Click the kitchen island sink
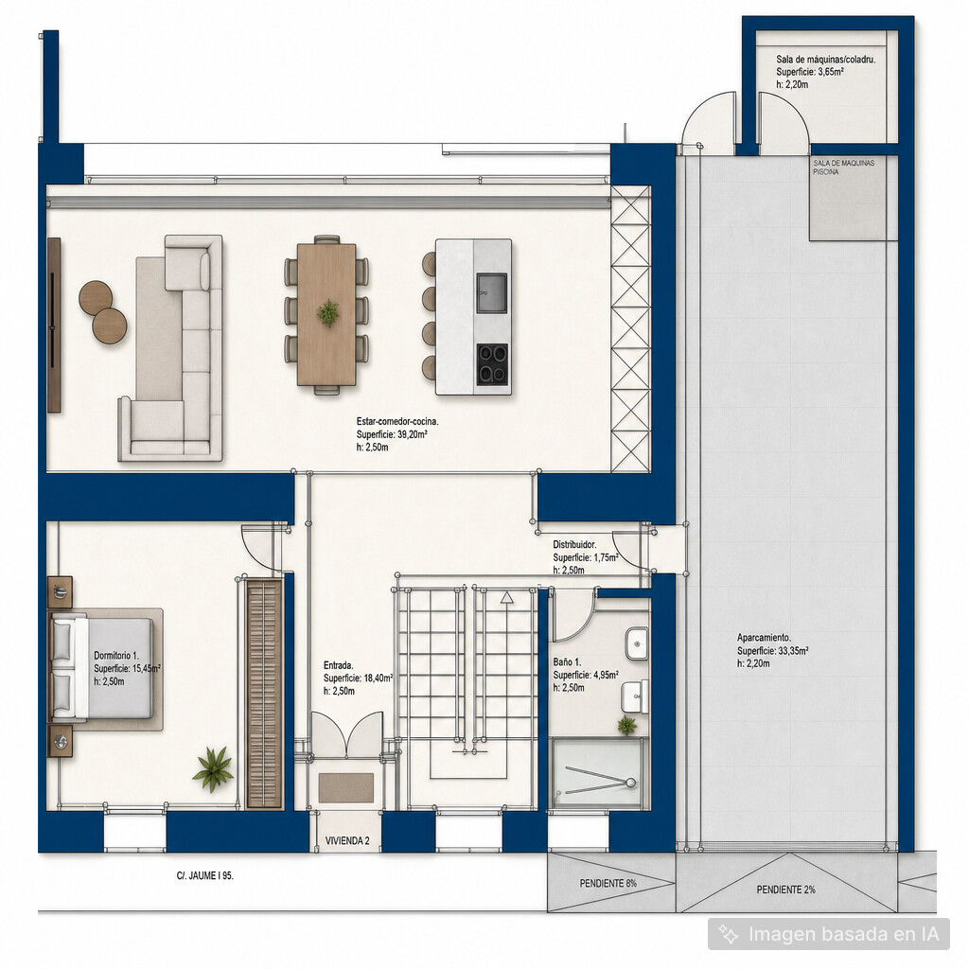[491, 292]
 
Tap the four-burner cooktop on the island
[492, 364]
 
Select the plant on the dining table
[327, 312]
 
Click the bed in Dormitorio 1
[101, 668]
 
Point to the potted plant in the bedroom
[213, 768]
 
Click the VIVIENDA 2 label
[347, 840]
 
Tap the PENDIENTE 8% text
[608, 883]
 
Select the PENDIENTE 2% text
[785, 890]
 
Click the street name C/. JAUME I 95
[205, 875]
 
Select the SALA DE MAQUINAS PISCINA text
[843, 167]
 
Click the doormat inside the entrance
[346, 787]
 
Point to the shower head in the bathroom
[630, 783]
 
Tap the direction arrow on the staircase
[507, 598]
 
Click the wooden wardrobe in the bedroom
[264, 694]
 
